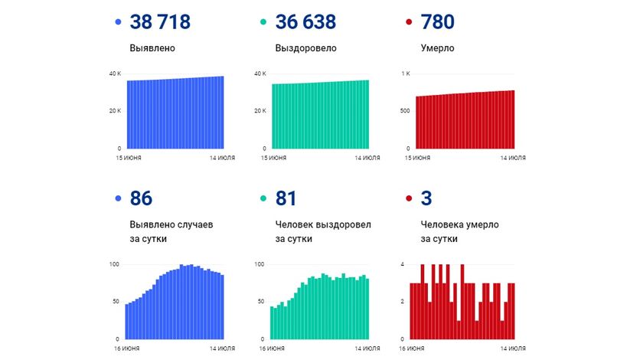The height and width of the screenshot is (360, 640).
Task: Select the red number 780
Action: click(438, 22)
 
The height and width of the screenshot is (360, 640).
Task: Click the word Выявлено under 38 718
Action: click(152, 48)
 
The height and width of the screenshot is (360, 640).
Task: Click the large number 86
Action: click(142, 198)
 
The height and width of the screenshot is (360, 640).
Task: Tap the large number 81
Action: click(286, 198)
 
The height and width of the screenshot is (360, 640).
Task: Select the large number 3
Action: click(426, 198)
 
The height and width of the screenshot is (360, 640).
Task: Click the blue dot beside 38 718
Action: click(116, 23)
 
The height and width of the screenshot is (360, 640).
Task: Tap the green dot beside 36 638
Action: click(262, 23)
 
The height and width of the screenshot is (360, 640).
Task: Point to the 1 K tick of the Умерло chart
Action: click(405, 74)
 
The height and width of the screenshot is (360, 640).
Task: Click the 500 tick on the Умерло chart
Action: click(405, 111)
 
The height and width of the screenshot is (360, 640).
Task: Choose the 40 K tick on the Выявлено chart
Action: click(114, 74)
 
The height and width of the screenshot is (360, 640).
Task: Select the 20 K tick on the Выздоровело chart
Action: click(260, 111)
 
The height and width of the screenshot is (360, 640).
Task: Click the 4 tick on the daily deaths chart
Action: click(403, 264)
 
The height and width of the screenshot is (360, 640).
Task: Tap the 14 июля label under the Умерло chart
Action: click(513, 158)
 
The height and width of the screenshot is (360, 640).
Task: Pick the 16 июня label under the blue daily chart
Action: click(120, 349)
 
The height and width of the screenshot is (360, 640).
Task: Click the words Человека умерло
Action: click(460, 225)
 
